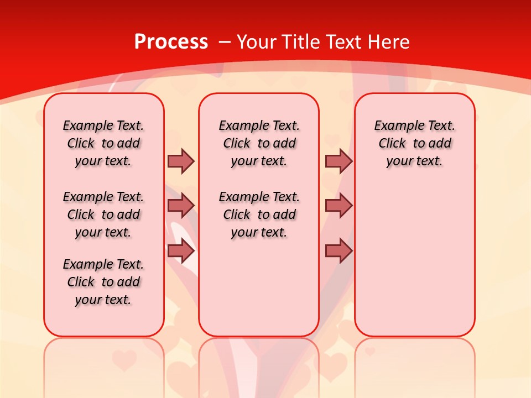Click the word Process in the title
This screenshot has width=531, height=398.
(171, 41)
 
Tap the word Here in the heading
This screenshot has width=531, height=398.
(389, 41)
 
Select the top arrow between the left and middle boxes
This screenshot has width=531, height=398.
(181, 161)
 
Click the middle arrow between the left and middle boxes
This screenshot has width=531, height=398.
(181, 206)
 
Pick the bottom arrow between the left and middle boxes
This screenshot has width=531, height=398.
(181, 251)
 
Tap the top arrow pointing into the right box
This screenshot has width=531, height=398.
(339, 161)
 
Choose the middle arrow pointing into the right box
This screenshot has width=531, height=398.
(339, 206)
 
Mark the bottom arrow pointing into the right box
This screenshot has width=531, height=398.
(339, 251)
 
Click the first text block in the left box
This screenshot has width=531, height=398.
(103, 143)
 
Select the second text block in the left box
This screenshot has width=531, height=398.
(103, 214)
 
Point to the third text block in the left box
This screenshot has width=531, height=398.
(103, 282)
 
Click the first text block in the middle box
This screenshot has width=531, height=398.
(259, 143)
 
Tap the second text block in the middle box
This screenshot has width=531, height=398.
(259, 214)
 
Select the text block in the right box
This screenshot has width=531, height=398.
(414, 143)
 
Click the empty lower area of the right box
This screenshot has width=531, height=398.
(414, 265)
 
